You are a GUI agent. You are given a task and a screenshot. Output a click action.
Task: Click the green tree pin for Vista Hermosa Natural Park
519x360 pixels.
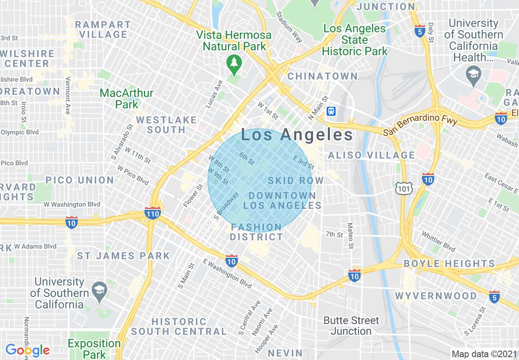[x=234, y=64]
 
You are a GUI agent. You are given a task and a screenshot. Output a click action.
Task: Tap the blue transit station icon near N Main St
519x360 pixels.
[x=331, y=111]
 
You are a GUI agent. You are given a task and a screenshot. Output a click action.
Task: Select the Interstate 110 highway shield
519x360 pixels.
[x=152, y=213]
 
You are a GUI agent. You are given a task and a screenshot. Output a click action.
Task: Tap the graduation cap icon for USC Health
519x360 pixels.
[x=473, y=76]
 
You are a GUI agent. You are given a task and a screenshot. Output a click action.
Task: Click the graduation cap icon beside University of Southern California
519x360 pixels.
[x=99, y=289]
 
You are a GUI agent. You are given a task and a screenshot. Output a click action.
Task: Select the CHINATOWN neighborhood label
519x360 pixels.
[x=323, y=76]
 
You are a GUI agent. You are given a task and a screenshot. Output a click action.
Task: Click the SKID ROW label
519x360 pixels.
[x=296, y=180]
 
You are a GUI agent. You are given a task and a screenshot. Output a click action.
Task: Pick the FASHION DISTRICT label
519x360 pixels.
[x=256, y=232]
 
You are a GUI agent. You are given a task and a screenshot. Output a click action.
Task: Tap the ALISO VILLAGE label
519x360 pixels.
[x=372, y=155]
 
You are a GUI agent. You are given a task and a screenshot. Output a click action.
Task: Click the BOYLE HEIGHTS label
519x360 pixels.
[x=449, y=263]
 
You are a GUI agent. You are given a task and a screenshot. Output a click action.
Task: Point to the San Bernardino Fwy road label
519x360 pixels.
[x=420, y=125]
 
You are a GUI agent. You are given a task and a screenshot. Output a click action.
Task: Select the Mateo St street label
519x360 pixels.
[x=350, y=236]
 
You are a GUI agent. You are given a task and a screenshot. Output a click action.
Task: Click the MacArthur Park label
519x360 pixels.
[x=126, y=99]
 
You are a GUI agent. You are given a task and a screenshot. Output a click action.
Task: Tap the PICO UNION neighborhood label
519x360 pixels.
[x=80, y=180]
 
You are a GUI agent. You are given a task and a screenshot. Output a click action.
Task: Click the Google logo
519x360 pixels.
[x=27, y=350]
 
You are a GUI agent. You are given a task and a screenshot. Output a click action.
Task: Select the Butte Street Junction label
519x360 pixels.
[x=351, y=326]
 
